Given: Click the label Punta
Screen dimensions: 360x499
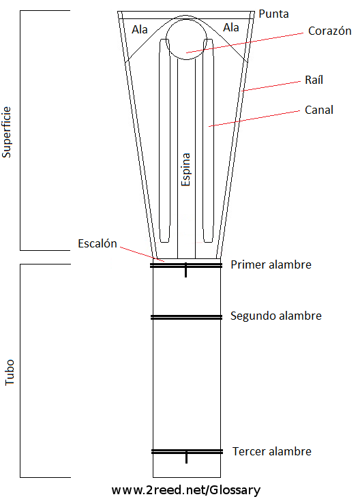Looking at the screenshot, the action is (x=273, y=14).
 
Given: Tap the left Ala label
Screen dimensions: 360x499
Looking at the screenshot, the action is (x=140, y=29).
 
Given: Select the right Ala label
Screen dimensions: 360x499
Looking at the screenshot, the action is (x=231, y=28).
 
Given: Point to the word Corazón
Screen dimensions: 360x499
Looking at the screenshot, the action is (x=330, y=31).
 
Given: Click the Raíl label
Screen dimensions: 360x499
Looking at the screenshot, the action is (x=314, y=80).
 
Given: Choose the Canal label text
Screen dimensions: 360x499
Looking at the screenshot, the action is (x=319, y=110).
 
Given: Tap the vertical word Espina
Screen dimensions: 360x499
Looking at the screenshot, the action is (x=185, y=169).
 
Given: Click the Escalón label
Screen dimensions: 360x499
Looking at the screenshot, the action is (x=97, y=243).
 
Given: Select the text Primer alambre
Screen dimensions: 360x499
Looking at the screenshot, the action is (x=271, y=264).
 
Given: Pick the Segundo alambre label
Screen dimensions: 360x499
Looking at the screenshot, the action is (x=276, y=316).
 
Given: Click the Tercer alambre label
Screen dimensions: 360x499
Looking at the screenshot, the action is (x=272, y=451).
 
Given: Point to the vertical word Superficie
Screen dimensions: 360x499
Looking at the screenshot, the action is (x=6, y=132).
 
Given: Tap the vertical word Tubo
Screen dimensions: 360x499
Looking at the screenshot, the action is (x=10, y=372).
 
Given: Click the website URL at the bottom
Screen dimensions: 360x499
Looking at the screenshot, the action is (x=186, y=490).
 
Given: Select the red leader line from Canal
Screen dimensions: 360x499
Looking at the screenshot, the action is (x=254, y=119).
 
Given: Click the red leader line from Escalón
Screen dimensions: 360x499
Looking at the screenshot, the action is (x=142, y=254).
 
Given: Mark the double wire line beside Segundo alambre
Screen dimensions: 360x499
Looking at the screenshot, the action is (x=187, y=317).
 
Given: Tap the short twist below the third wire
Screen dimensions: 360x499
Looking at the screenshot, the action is (x=187, y=457).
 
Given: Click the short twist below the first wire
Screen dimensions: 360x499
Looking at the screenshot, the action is (x=186, y=271).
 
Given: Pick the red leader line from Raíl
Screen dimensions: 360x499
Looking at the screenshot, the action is (x=271, y=87).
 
